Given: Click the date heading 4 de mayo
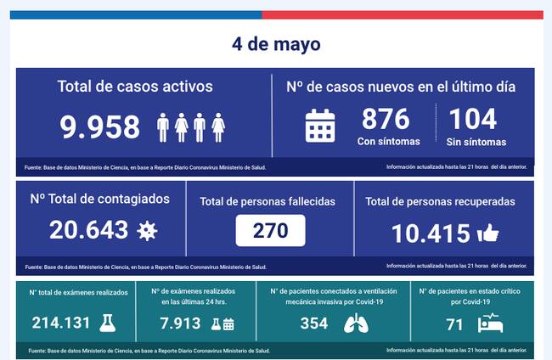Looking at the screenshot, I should [x=276, y=43].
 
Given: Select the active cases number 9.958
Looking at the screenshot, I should [x=100, y=127].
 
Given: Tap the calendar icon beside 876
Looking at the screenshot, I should [x=320, y=126].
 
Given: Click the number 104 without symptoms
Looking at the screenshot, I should [x=472, y=118].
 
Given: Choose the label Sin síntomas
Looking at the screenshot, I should [x=475, y=142].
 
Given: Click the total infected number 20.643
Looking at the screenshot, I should [x=88, y=229].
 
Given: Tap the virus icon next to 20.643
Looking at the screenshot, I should [x=147, y=230].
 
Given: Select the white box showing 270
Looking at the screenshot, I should [x=270, y=229].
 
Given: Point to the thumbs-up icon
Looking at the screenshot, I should [x=488, y=233].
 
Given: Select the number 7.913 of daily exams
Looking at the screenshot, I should [x=181, y=323].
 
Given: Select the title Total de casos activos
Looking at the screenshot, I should [x=135, y=87].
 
